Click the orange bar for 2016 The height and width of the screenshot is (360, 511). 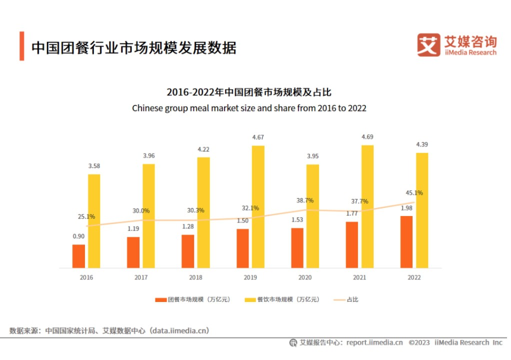[78, 256]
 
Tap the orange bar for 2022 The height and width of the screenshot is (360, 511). [406, 241]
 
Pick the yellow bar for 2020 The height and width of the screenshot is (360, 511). [312, 216]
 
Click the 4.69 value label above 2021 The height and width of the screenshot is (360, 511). [367, 136]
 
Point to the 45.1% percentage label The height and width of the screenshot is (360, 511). [414, 192]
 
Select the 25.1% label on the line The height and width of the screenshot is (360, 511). [86, 216]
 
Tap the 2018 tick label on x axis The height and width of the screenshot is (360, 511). [195, 277]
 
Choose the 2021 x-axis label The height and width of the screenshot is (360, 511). [359, 277]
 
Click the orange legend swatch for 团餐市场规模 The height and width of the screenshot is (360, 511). [160, 299]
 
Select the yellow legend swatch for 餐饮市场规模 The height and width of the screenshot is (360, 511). [250, 299]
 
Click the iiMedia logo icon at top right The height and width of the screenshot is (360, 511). [428, 45]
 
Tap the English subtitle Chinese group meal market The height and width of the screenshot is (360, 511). [249, 108]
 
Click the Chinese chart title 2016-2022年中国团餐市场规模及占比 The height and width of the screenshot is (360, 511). [249, 92]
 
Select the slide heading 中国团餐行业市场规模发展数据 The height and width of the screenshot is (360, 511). [133, 47]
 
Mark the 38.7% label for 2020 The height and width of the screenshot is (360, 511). [305, 200]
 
